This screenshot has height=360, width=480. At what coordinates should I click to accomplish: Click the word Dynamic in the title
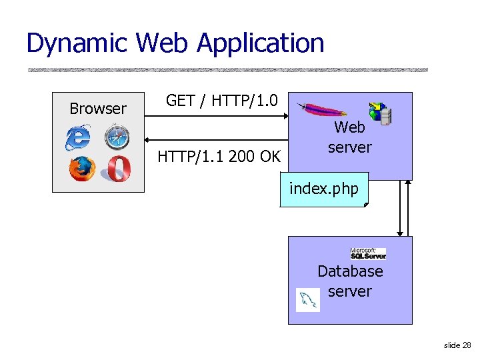77,43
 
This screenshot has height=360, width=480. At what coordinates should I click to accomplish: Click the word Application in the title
260,44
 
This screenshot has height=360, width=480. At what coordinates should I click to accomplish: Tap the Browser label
98,109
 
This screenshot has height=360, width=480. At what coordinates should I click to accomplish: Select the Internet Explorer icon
78,138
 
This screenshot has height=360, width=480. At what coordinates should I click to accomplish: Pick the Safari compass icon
116,137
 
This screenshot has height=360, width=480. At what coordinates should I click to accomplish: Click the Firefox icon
81,168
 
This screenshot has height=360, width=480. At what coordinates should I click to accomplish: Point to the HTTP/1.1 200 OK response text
219,157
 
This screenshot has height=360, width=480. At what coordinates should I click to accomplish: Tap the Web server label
350,137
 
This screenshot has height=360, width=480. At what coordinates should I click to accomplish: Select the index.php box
323,189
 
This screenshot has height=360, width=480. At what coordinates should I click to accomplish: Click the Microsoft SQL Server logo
368,253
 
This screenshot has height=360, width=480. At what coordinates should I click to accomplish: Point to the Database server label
350,281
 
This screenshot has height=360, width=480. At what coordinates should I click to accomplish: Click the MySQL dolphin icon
307,300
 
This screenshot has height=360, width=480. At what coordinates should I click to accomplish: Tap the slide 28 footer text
457,345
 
